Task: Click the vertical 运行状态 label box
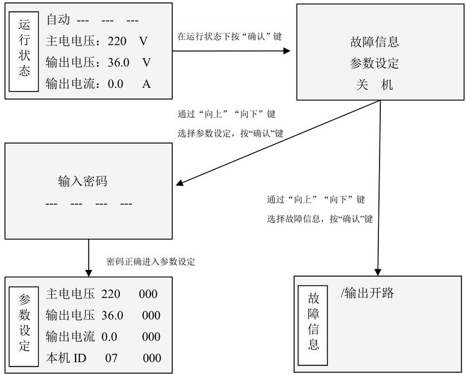(x=24, y=50)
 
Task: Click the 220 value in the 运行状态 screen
(x=117, y=41)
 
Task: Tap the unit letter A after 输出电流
(x=146, y=84)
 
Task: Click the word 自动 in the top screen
(x=59, y=20)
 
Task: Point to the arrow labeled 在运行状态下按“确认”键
(x=231, y=53)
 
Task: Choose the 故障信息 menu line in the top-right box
(x=375, y=42)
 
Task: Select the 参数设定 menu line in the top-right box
(x=375, y=63)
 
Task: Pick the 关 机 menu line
(x=375, y=85)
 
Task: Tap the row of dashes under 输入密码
(x=89, y=204)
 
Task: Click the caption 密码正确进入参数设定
(x=150, y=262)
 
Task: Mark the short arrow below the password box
(x=88, y=261)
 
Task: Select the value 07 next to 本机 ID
(x=111, y=358)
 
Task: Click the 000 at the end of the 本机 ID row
(x=151, y=358)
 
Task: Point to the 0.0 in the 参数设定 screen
(x=109, y=337)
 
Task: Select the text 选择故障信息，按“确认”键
(x=320, y=219)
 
